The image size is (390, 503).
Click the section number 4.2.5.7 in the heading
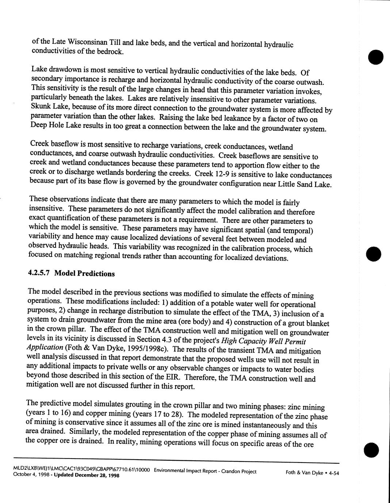40,272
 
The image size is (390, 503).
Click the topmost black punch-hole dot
375,56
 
